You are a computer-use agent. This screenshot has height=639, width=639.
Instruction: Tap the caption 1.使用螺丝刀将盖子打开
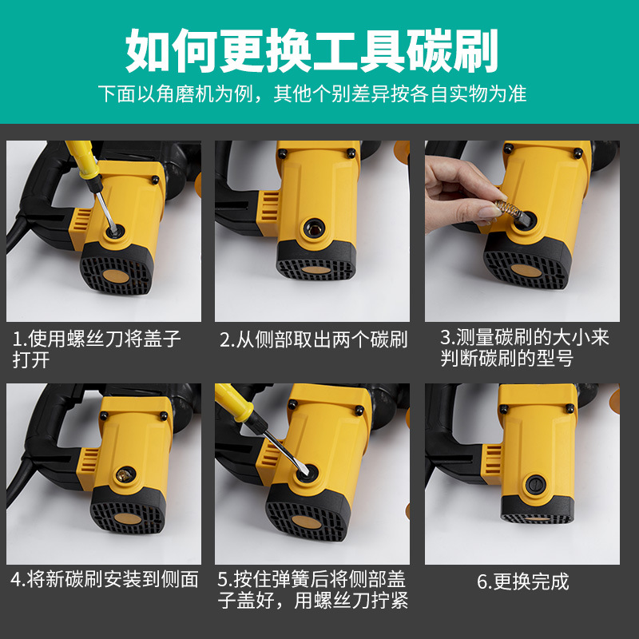coord(96,349)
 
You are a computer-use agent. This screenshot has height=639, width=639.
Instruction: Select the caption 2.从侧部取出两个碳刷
coord(313,339)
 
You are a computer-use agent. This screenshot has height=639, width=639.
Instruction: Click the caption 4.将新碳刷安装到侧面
coord(104,579)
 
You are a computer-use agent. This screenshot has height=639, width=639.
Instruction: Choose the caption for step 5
coord(313,589)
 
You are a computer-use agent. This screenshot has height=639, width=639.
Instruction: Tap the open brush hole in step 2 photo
coord(312,229)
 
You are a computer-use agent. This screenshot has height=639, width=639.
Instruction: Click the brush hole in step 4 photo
coord(122,474)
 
